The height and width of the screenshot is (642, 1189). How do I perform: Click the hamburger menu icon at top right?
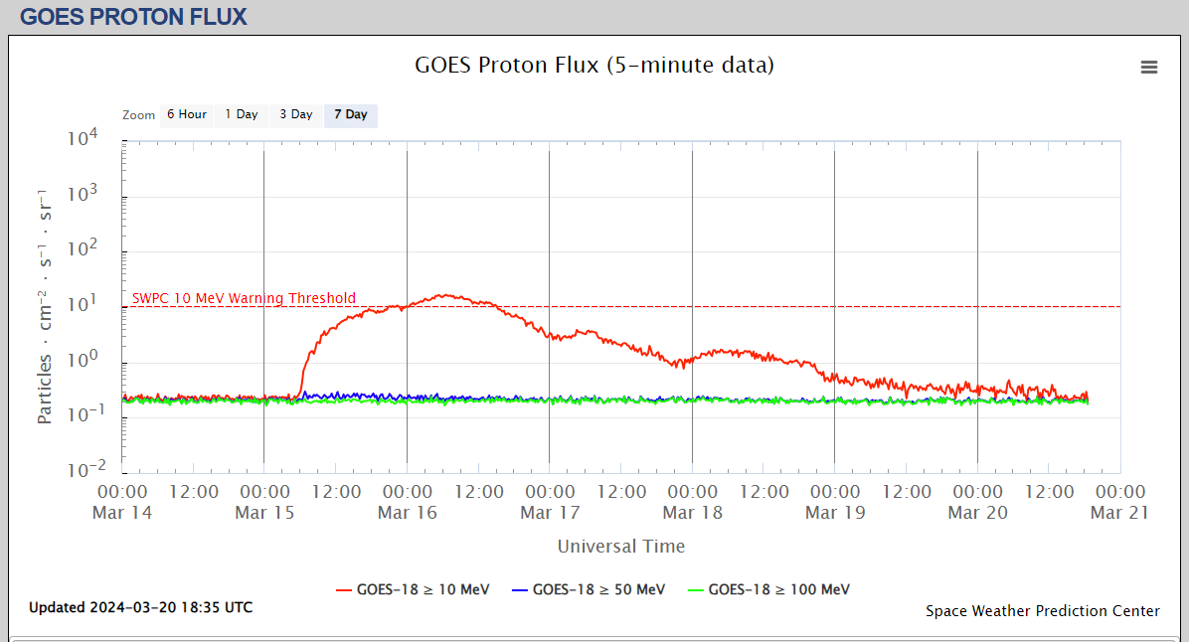click(x=1149, y=67)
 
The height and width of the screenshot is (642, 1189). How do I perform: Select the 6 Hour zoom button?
click(x=186, y=115)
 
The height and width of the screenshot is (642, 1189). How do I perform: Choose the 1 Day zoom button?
click(x=241, y=115)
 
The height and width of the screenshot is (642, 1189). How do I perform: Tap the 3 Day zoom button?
click(x=295, y=115)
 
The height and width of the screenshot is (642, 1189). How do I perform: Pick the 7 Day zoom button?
click(x=350, y=115)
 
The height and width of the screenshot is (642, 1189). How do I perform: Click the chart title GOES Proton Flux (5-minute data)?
click(x=594, y=66)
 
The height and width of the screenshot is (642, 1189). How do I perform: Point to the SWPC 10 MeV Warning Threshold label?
click(x=244, y=298)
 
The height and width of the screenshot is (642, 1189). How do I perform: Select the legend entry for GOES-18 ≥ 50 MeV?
click(x=589, y=589)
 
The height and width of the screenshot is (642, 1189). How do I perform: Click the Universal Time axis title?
click(x=620, y=546)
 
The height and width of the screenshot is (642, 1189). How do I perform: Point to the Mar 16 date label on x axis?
click(x=408, y=513)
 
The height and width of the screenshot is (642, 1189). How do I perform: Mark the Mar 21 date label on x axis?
click(x=1119, y=513)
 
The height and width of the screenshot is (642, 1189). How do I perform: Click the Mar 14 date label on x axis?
click(x=122, y=513)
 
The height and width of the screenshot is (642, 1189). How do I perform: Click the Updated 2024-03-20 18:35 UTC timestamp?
click(x=140, y=607)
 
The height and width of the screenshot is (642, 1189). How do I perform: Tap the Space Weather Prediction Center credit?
click(x=1042, y=611)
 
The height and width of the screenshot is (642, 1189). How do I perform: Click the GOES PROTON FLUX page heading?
click(x=133, y=16)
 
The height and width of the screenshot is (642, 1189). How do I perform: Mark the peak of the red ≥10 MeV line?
click(x=445, y=294)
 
